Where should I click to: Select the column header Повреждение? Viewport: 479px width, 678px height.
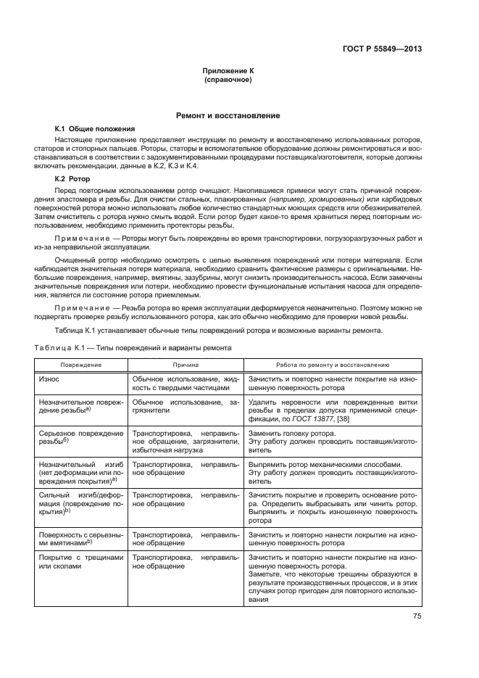(x=80, y=365)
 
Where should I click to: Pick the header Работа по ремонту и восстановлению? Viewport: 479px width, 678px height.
(x=333, y=365)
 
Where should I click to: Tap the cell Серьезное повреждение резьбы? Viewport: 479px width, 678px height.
(x=80, y=437)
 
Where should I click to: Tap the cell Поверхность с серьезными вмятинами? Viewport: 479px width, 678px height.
(x=80, y=537)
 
